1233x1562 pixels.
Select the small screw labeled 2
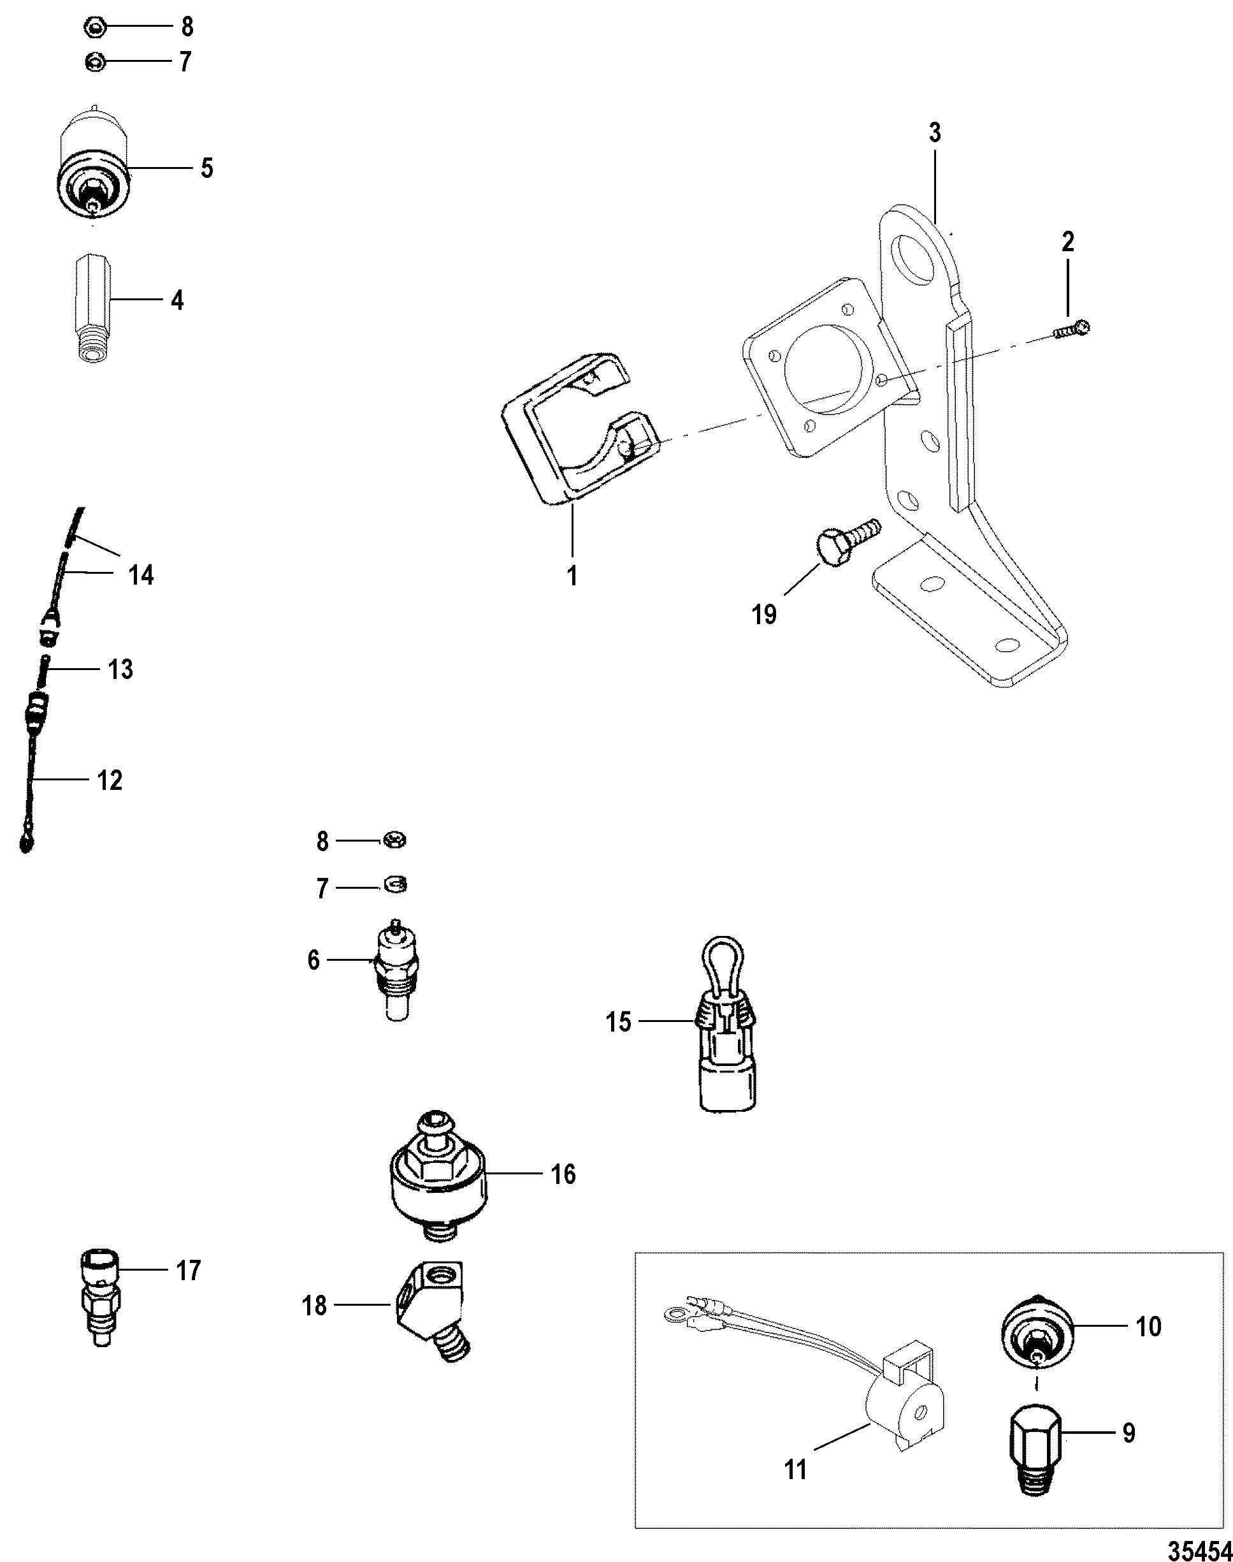[x=1072, y=330]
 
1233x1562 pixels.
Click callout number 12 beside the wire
[x=109, y=780]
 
